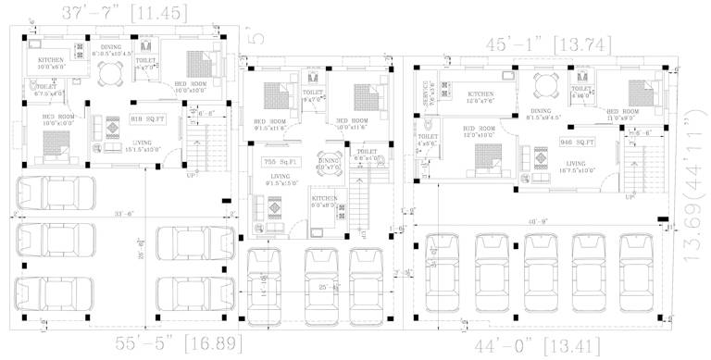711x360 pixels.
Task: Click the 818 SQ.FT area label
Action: point(147,119)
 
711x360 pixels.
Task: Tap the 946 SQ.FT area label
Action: point(578,143)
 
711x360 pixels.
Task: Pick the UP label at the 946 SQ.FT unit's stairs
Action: point(630,196)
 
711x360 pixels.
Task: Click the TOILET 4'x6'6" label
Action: point(427,140)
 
